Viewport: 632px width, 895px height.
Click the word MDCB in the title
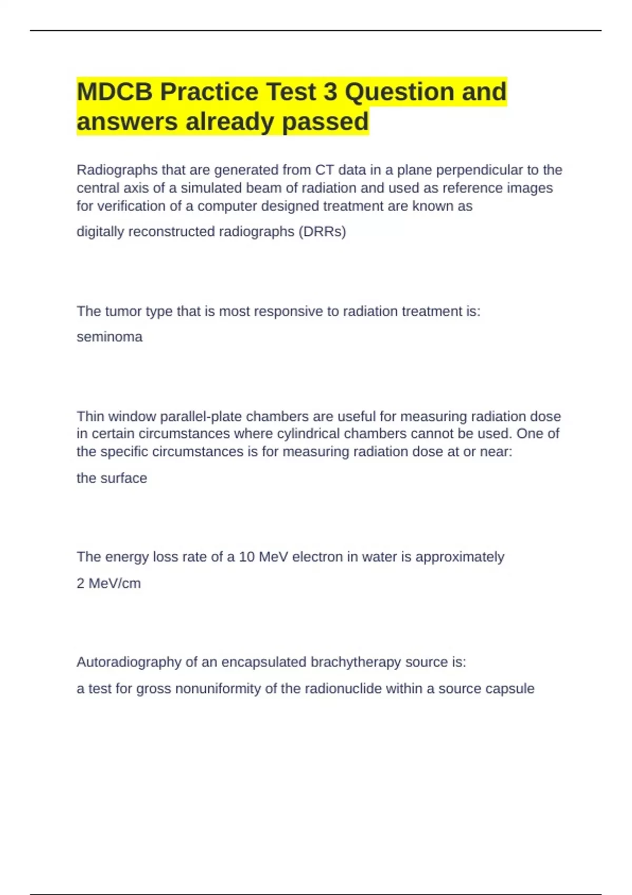114,92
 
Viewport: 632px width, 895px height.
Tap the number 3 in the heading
330,92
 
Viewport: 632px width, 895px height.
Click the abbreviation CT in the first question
324,170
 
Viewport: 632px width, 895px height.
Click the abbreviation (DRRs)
322,232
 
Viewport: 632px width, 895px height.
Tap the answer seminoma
110,337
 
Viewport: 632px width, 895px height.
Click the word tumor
123,312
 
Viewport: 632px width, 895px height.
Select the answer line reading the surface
112,478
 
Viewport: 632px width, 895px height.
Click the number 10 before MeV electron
246,557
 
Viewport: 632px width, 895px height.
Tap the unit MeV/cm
114,583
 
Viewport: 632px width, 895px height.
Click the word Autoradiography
129,662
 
